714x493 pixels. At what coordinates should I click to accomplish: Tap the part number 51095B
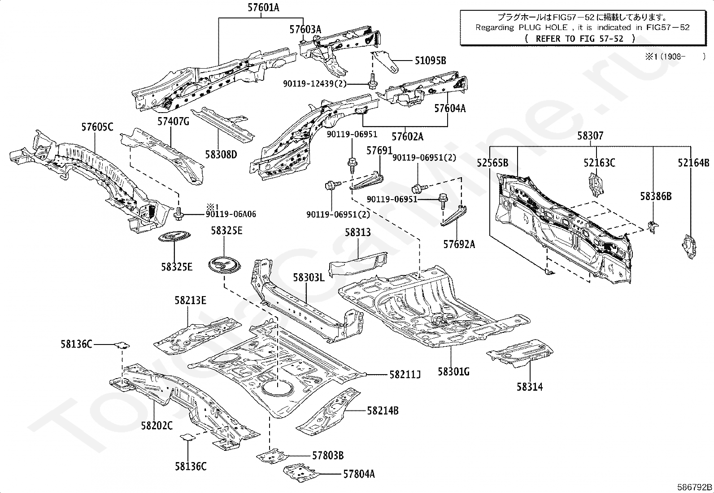pyautogui.click(x=430, y=61)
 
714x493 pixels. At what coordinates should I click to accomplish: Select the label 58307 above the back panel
pyautogui.click(x=590, y=135)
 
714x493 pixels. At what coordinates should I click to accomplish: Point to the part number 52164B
pyautogui.click(x=694, y=163)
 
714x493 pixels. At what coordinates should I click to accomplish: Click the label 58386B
pyautogui.click(x=656, y=196)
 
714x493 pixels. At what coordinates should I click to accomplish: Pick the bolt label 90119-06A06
pyautogui.click(x=231, y=214)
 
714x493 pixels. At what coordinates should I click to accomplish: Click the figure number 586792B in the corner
pyautogui.click(x=695, y=487)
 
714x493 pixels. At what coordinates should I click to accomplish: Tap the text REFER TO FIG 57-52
pyautogui.click(x=579, y=39)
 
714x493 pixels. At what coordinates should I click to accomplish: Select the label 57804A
pyautogui.click(x=359, y=474)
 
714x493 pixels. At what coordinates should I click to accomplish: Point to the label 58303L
pyautogui.click(x=309, y=277)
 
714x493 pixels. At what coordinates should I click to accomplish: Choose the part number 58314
pyautogui.click(x=529, y=387)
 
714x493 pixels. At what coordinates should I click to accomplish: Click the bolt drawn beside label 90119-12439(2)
pyautogui.click(x=372, y=83)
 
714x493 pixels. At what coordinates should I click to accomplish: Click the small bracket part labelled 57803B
pyautogui.click(x=273, y=456)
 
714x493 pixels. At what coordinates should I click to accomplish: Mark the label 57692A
pyautogui.click(x=459, y=244)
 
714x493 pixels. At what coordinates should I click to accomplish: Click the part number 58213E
pyautogui.click(x=190, y=301)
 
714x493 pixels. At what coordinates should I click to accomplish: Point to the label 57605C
pyautogui.click(x=97, y=127)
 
